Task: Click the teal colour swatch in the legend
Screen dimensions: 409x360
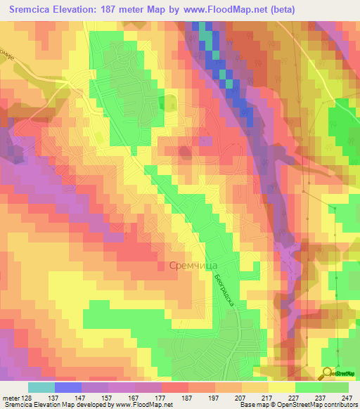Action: (41, 387)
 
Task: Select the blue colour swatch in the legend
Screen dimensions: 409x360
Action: (68, 387)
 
